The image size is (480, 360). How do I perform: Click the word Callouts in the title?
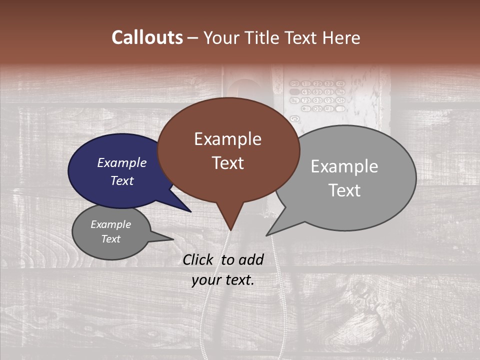point(147,38)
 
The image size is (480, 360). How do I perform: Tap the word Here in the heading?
point(341,38)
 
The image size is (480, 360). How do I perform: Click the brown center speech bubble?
point(228,150)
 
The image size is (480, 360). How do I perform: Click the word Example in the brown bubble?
point(227,139)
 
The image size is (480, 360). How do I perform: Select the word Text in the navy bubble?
point(122,181)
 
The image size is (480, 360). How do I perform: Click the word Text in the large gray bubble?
point(344,190)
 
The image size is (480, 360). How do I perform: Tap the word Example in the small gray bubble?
point(110,224)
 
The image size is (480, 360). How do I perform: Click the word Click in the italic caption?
point(198,259)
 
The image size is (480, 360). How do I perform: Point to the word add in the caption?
point(251,259)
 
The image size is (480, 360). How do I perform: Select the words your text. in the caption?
point(223,280)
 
